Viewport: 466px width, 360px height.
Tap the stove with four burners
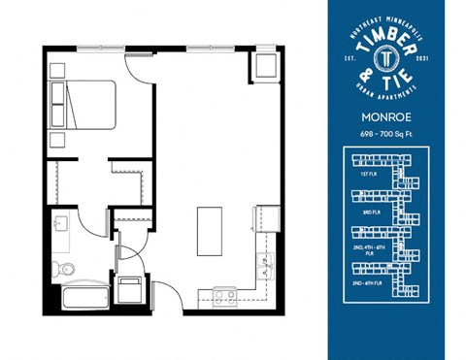tap(224, 296)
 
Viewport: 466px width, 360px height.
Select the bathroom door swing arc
tap(95, 225)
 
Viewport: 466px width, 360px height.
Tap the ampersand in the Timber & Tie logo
tap(365, 75)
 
